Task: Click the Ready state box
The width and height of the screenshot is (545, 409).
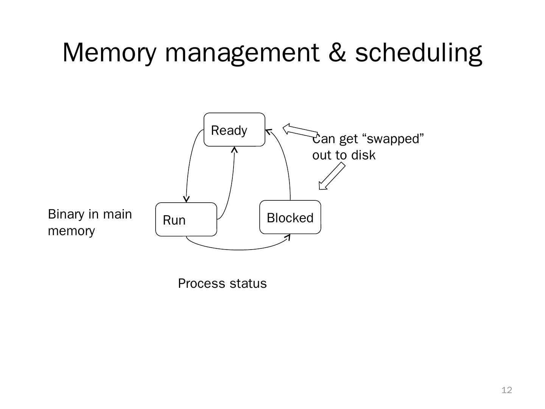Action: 234,130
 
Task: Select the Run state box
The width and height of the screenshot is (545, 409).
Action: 186,219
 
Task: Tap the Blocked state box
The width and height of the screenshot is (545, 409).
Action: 290,217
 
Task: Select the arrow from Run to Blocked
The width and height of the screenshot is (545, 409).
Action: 238,249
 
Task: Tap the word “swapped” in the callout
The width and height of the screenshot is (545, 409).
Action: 393,139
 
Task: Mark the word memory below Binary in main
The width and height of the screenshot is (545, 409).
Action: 71,231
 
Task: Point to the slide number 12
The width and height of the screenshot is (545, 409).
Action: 506,390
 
